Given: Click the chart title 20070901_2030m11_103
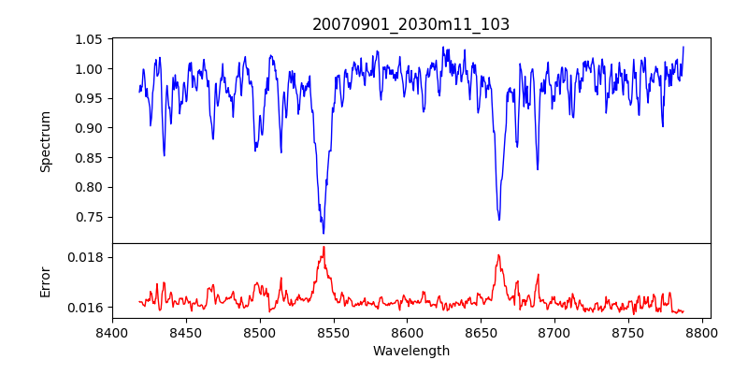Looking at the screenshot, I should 410,24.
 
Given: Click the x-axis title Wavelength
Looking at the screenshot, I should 410,351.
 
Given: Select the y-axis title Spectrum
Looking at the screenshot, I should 45,141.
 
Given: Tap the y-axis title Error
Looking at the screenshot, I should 45,280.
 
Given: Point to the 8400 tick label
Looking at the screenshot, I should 112,331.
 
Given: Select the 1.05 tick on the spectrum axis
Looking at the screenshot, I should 88,39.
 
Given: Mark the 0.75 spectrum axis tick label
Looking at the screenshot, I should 88,217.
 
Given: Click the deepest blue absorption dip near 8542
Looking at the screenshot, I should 324,233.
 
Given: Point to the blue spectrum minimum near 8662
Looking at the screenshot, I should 499,220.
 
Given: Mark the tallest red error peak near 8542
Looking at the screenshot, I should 324,247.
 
